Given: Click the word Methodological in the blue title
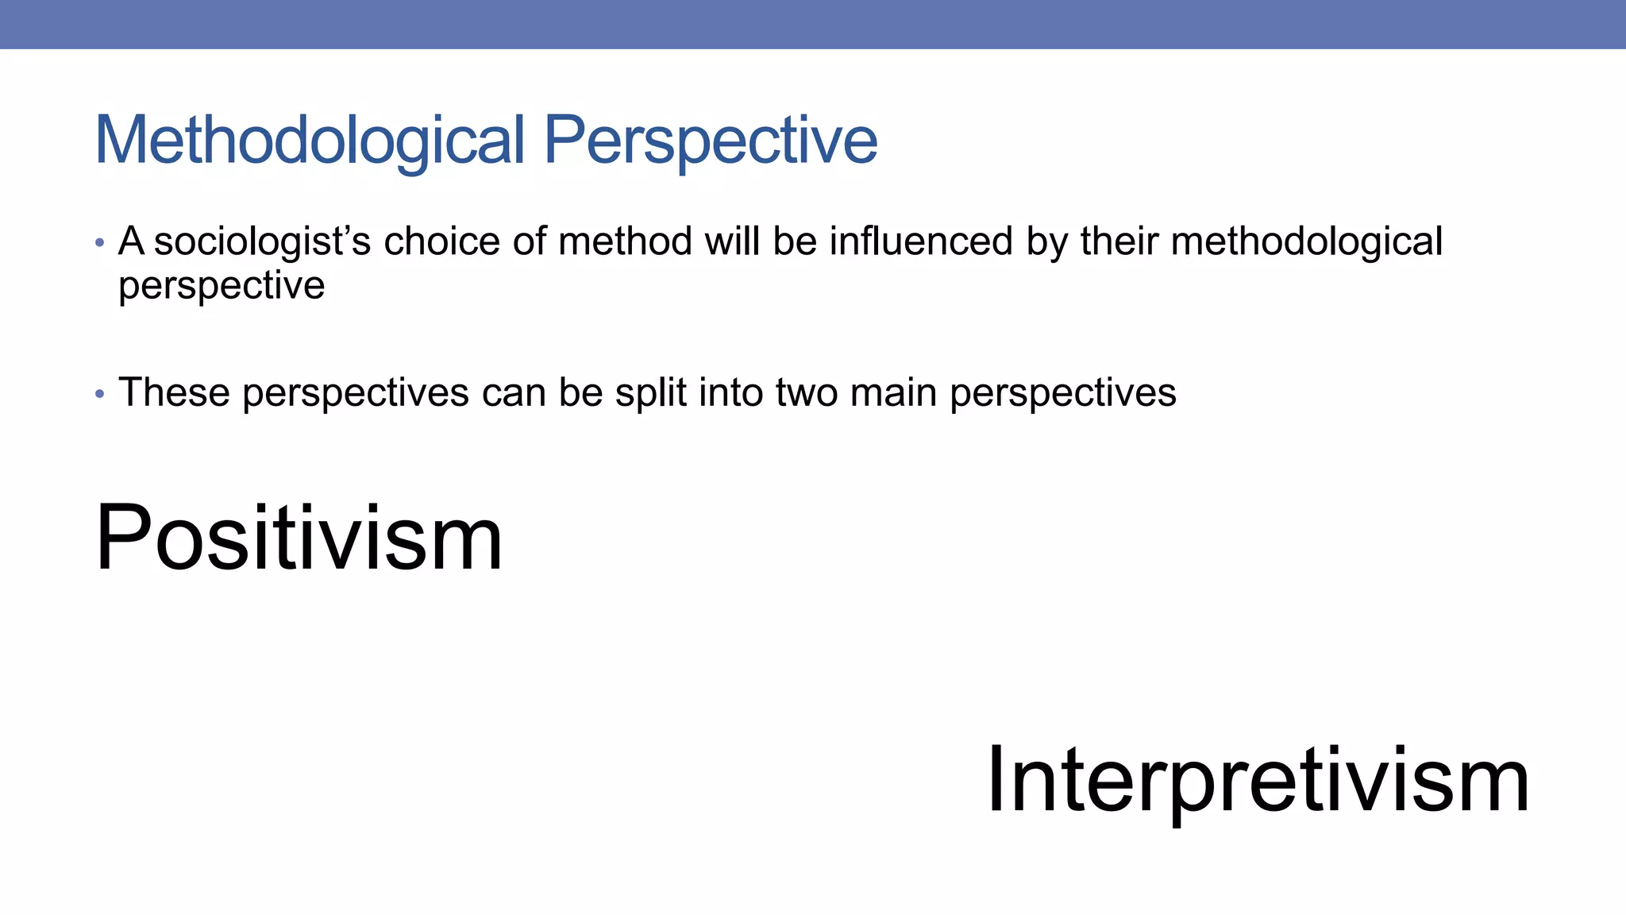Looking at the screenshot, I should (310, 141).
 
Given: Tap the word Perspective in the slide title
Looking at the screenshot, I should (711, 141).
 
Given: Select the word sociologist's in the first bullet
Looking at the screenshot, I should (262, 241).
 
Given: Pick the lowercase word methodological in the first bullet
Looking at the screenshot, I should (1307, 241).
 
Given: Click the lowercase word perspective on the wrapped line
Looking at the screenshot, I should (222, 286).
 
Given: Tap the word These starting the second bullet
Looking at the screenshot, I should (174, 392).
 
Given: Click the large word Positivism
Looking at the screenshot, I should (299, 538).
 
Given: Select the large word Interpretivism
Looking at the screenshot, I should (1258, 780).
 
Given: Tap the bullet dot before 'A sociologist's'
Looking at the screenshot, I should (99, 242).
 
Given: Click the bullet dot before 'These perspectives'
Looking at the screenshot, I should (99, 393).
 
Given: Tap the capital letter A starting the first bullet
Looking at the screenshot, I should (131, 241).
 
